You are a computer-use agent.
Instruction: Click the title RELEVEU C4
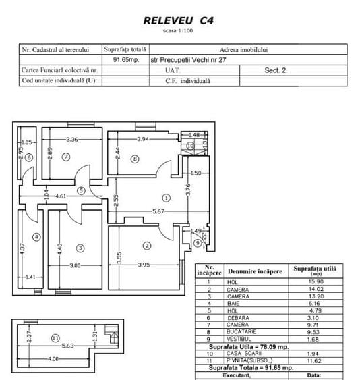179,21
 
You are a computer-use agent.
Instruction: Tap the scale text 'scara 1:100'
178,31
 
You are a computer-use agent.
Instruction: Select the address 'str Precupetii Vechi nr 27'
188,60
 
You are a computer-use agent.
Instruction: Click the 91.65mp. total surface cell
126,59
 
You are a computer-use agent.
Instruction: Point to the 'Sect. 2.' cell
276,70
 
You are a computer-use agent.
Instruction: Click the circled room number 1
166,198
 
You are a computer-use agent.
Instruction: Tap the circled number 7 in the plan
66,157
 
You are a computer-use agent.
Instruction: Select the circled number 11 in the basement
56,338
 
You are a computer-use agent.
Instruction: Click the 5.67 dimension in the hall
158,211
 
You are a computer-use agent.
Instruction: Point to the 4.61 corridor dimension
61,196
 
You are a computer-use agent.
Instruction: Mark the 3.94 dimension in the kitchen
143,139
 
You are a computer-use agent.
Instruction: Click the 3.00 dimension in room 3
75,265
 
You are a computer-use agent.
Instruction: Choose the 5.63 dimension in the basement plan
67,346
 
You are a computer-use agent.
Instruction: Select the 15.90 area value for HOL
316,282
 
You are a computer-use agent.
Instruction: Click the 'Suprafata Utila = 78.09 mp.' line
249,347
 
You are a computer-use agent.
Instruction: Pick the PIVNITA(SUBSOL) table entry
249,360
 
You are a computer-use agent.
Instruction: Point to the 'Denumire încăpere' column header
255,271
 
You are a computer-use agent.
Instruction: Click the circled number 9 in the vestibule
198,242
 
